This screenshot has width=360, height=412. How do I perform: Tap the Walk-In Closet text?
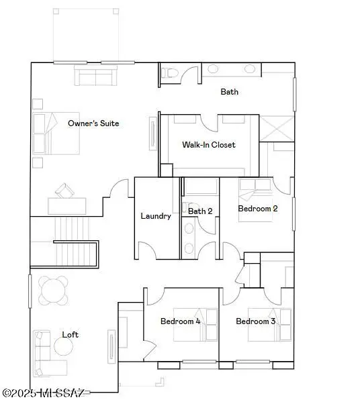coord(209,144)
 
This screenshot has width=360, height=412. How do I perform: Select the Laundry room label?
coord(156,216)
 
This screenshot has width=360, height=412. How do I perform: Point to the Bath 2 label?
coord(200,211)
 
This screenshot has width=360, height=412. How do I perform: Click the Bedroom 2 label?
coord(258,209)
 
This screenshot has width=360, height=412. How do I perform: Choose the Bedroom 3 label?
coord(256,321)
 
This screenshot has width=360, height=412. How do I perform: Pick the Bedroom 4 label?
coord(180,321)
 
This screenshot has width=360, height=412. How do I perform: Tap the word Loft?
coord(71,334)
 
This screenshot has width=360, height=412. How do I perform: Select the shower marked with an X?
coord(277,128)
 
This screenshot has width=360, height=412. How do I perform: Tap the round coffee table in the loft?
coord(64,346)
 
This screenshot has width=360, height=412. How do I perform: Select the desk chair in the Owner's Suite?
coord(65,191)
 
